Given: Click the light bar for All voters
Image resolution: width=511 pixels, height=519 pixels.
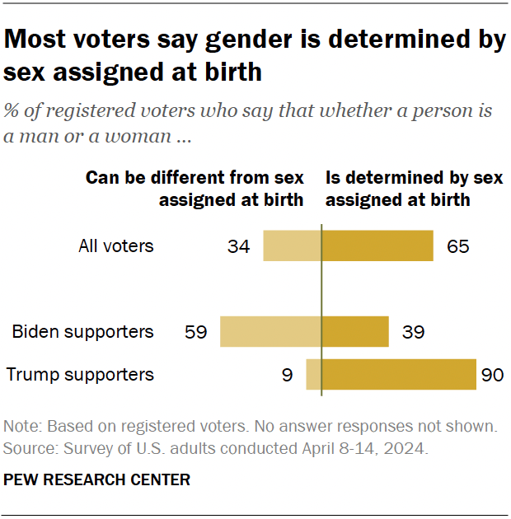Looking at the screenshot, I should tap(292, 245).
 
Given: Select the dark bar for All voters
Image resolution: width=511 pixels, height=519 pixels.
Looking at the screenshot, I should tap(377, 245).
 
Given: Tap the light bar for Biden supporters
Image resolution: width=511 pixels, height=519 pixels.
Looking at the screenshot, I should tap(270, 331).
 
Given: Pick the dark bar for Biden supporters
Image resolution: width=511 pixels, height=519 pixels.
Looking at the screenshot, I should tap(355, 331).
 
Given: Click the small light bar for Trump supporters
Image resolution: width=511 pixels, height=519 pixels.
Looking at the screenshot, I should tap(313, 374).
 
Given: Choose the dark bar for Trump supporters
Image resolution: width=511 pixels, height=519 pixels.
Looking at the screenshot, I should tap(399, 374).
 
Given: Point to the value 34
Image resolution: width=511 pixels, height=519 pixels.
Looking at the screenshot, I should tap(239, 246).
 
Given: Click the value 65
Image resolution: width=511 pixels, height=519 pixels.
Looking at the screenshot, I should tap(458, 246).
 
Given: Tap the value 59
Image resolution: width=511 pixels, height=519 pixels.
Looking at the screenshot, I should tap(195, 332).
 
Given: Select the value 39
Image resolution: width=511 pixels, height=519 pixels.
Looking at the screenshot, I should tap(414, 332).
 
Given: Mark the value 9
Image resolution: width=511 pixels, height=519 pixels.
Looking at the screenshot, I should tap(287, 375).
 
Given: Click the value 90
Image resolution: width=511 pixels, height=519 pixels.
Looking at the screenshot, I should tap(492, 375).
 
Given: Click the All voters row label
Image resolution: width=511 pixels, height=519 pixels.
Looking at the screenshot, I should tap(116, 245).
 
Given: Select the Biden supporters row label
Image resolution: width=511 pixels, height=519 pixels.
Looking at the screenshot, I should tap(82, 331).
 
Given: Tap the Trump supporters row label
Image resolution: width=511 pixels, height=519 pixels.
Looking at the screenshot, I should tap(80, 374).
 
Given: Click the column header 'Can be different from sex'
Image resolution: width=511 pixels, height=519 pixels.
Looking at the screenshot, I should tap(195, 178).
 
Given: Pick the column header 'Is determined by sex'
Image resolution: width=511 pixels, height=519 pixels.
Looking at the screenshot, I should tap(414, 178).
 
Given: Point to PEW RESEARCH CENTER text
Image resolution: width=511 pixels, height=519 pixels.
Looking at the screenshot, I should tap(97, 479).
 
